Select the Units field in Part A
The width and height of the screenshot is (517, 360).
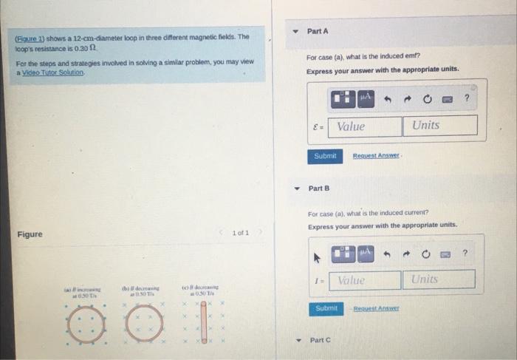[x=439, y=126]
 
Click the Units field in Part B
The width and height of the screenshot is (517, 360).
[x=437, y=279]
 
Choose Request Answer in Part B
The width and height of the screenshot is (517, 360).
[x=377, y=308]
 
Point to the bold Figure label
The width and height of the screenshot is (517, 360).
[x=30, y=235]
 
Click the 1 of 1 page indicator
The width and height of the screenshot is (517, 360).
[x=240, y=233]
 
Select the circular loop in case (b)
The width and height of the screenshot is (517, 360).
[x=144, y=324]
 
